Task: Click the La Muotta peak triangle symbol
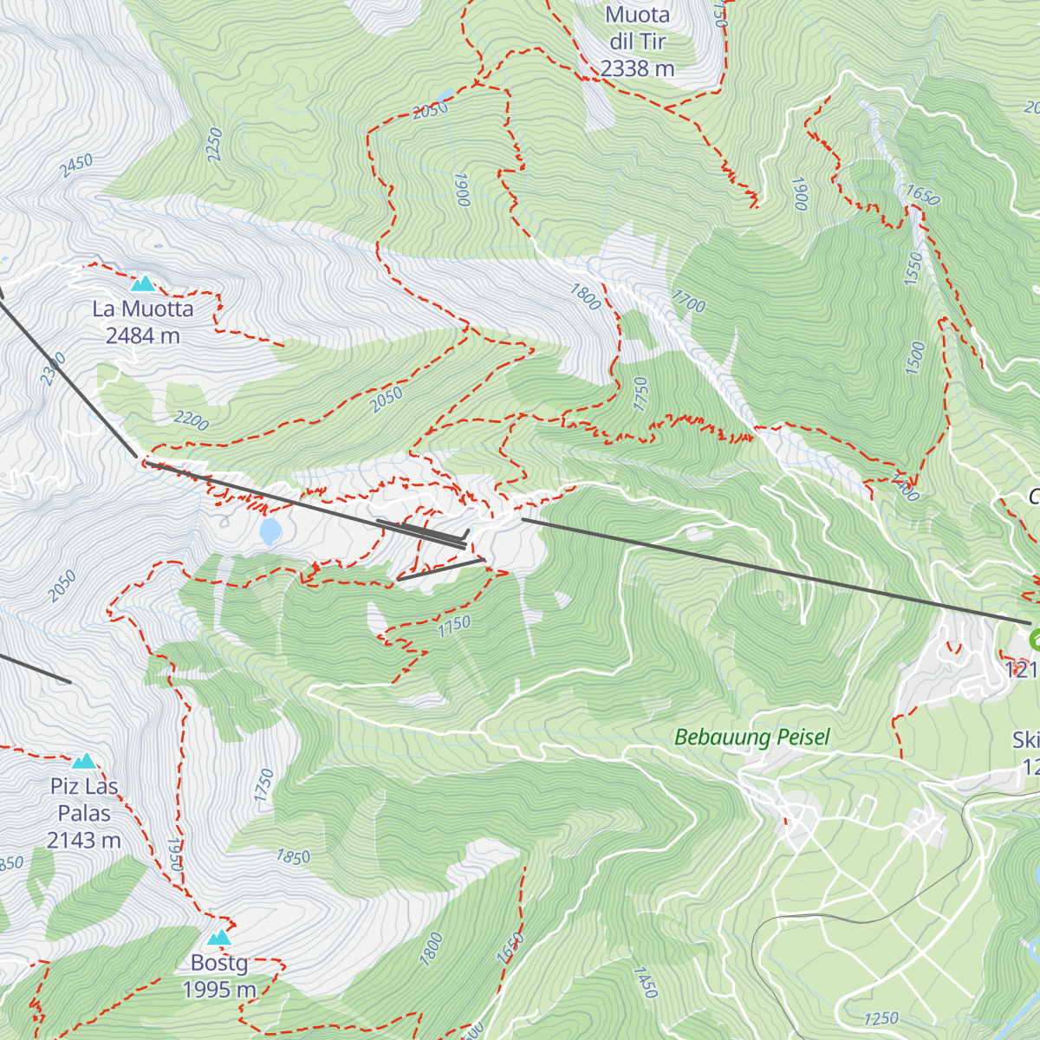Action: pos(142,283)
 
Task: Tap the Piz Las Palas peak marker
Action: pos(84,761)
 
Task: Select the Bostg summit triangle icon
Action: pos(219,937)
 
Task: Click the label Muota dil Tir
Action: pos(638,28)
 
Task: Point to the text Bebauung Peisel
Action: pos(751,738)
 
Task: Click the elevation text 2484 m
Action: pos(142,335)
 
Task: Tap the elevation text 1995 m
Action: pos(219,989)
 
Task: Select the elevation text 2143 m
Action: pos(84,840)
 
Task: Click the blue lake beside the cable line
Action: pos(270,530)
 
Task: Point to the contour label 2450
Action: pos(76,166)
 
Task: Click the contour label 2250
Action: pos(215,144)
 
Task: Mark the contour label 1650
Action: pos(921,195)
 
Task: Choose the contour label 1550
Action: pos(913,270)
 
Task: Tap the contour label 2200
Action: pos(191,421)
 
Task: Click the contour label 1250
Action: pos(881,1018)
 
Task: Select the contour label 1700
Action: pos(688,301)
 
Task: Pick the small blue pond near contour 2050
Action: pos(445,94)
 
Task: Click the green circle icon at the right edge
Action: pos(1035,640)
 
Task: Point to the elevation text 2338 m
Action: pos(638,68)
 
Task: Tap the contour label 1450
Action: pos(646,982)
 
